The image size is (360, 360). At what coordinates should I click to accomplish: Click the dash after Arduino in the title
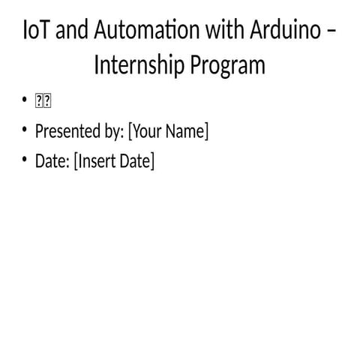333,32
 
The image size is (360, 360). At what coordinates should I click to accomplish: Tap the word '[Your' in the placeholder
145,132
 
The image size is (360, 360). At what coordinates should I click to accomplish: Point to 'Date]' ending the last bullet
136,161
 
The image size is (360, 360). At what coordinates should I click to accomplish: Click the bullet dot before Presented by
25,131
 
